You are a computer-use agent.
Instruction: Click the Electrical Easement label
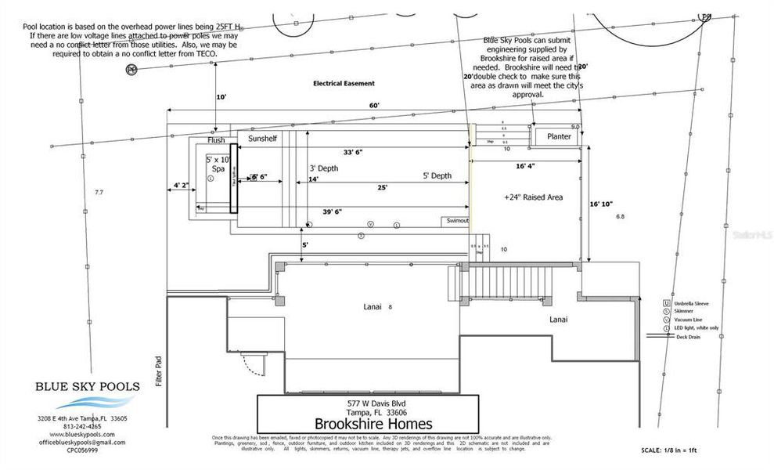(x=344, y=83)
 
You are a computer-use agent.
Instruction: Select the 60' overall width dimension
(x=374, y=106)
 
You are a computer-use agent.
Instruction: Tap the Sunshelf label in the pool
(x=262, y=138)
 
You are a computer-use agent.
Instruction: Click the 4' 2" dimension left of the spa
(x=181, y=186)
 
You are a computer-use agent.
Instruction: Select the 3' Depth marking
(x=324, y=168)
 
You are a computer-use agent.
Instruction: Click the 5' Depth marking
(x=437, y=176)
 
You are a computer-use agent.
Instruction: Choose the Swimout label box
(x=457, y=221)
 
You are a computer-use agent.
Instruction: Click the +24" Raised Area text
(x=533, y=197)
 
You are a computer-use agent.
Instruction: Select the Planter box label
(x=559, y=137)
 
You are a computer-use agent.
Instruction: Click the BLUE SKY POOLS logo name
(x=88, y=386)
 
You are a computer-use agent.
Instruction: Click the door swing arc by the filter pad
(x=252, y=362)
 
